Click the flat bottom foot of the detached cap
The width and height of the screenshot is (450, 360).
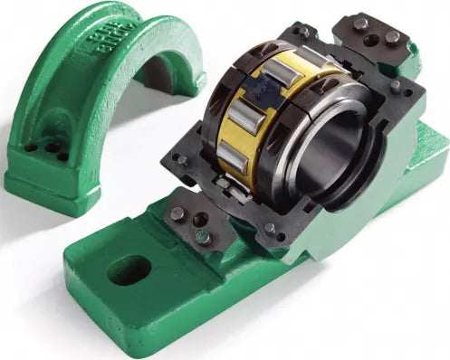tap(54, 185)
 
